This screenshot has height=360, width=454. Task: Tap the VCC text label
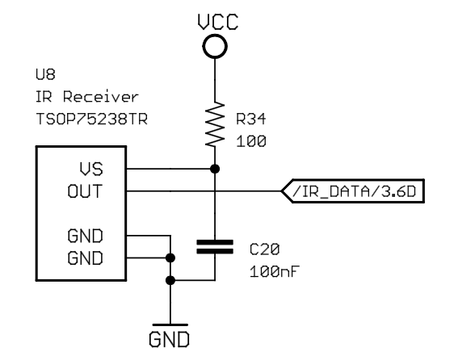coord(218,22)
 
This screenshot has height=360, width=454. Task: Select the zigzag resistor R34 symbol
coord(215,124)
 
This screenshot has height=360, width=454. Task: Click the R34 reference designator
coord(250,119)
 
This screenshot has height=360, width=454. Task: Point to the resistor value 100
coord(251,141)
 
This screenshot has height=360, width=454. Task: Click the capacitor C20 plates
coord(215,247)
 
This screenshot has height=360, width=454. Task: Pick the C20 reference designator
coord(264,249)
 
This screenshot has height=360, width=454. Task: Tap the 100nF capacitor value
coord(274,272)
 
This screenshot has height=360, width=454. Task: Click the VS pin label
coord(91,170)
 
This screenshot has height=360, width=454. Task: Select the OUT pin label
coord(85,191)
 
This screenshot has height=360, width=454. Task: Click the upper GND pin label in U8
coord(85,236)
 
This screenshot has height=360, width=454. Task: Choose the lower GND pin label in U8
coord(85,258)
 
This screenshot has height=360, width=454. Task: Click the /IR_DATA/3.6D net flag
coord(353,191)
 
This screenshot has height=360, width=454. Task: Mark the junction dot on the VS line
coord(215,169)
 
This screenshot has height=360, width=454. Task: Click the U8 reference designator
coord(45,74)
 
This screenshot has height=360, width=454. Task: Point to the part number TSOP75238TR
coord(92,119)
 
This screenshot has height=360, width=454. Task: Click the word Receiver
coord(101,97)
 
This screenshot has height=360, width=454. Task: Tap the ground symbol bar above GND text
coord(170,325)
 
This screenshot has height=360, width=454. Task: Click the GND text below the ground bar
coord(170,340)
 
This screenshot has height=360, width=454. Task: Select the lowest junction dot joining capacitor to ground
coord(170,280)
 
